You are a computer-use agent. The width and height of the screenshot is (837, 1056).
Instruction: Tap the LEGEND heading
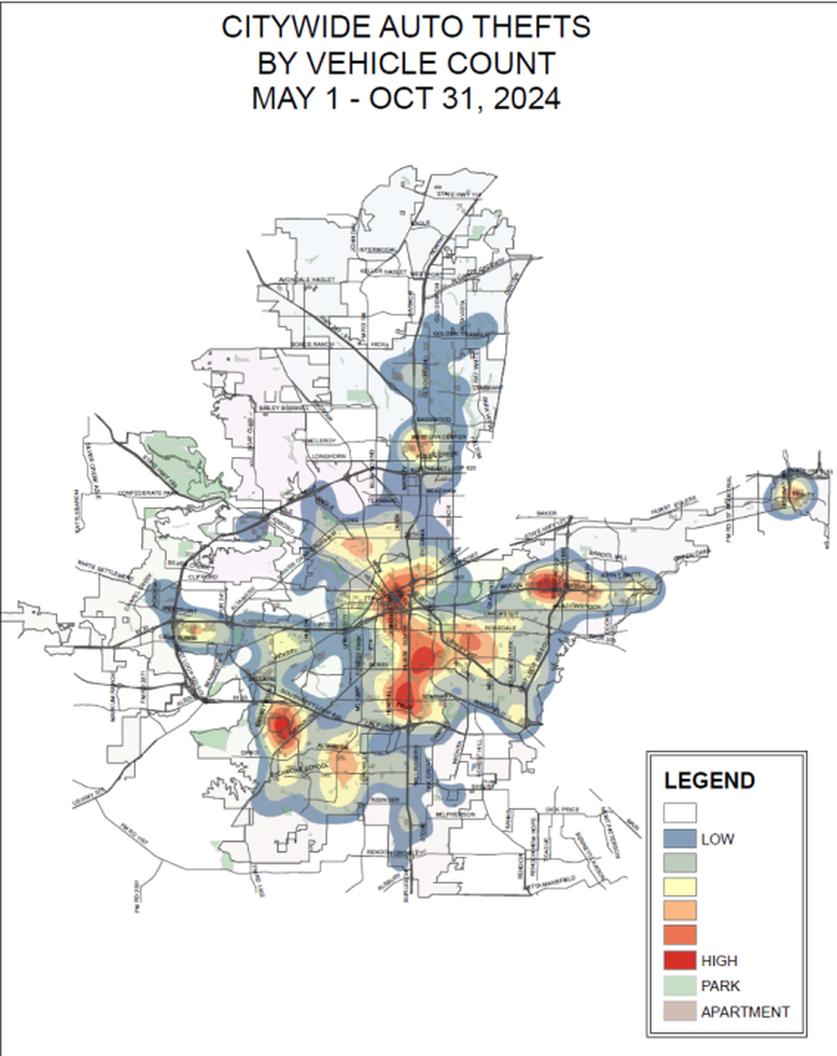[x=709, y=780]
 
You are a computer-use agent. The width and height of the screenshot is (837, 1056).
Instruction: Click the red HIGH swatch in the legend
[x=679, y=960]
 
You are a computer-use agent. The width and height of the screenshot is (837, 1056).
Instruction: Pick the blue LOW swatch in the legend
[x=679, y=838]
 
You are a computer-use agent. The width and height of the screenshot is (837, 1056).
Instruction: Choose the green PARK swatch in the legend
[x=679, y=985]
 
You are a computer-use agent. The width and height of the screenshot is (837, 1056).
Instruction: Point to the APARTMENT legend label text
[x=744, y=1012]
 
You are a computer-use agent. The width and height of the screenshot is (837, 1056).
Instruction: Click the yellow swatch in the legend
[x=679, y=886]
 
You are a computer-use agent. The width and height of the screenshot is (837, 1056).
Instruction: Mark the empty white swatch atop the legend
[x=679, y=813]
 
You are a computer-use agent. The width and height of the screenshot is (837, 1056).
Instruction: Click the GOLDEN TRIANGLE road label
[x=460, y=334]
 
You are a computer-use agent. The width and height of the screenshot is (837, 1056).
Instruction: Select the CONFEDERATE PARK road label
[x=148, y=492]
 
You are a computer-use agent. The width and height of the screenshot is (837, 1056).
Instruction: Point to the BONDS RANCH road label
[x=312, y=344]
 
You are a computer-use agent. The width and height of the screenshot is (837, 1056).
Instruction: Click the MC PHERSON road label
[x=455, y=815]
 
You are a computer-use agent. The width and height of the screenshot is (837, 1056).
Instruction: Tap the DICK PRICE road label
[x=562, y=810]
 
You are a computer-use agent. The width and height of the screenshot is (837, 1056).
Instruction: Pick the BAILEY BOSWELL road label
[x=284, y=407]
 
